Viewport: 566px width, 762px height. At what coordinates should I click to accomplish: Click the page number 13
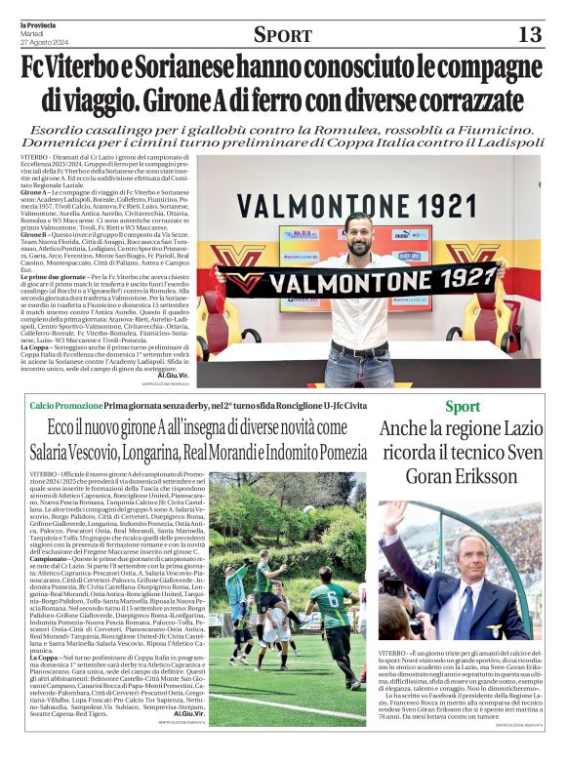click(x=529, y=34)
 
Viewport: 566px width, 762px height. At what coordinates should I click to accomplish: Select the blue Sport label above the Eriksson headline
click(x=462, y=407)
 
